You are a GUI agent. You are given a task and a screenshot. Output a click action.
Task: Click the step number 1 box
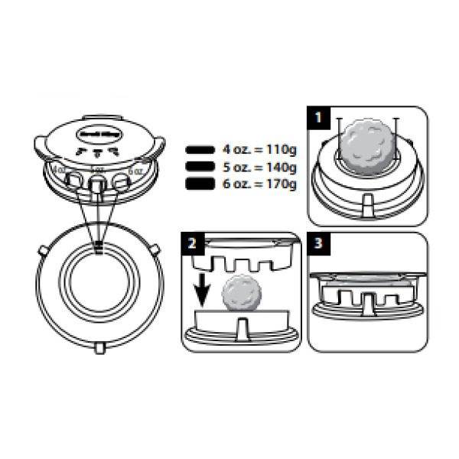pos(317,119)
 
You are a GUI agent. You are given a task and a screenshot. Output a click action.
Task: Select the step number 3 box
pos(320,246)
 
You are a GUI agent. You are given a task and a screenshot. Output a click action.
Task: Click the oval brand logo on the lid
pos(97,133)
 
